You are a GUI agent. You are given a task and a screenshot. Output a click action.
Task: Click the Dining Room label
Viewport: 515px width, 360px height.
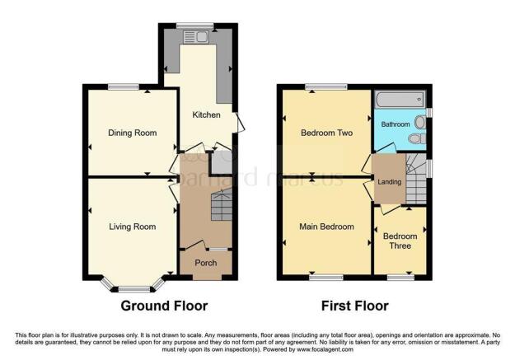click(133, 133)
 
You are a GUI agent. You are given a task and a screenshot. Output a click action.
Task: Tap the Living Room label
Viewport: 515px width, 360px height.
click(133, 226)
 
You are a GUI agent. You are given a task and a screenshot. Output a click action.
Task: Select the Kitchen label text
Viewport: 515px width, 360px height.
click(206, 115)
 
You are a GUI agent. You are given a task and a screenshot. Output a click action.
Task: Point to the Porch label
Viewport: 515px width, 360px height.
click(205, 263)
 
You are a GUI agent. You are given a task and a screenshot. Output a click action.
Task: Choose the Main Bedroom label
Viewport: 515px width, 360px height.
click(326, 227)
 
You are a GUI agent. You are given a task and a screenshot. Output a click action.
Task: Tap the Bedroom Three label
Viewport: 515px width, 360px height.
click(400, 241)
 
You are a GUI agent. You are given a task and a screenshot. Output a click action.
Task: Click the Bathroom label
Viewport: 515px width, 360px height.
click(395, 124)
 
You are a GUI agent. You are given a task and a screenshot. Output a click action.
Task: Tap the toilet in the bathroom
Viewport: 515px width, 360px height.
click(421, 123)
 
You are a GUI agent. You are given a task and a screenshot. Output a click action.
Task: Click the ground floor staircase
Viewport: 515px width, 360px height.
click(221, 205)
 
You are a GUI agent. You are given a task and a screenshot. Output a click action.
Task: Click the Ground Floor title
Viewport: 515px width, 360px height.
click(164, 306)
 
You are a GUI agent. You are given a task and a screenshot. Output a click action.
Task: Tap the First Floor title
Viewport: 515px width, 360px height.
click(354, 306)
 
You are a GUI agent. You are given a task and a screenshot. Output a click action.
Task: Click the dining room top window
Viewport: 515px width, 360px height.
click(123, 86)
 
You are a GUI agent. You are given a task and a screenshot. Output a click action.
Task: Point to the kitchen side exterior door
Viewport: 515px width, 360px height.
click(240, 124)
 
